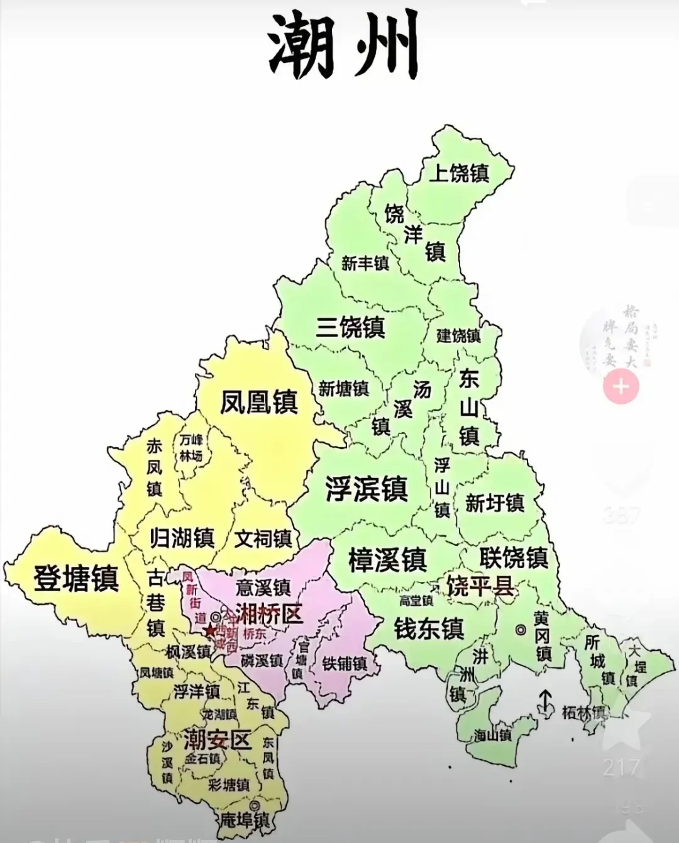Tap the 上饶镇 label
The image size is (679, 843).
pyautogui.click(x=459, y=172)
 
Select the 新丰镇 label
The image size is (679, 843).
pyautogui.click(x=365, y=263)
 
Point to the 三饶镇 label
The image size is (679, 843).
pyautogui.click(x=350, y=327)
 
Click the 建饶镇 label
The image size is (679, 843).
pyautogui.click(x=458, y=336)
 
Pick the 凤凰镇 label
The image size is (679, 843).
pyautogui.click(x=258, y=402)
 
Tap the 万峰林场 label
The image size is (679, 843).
pyautogui.click(x=190, y=448)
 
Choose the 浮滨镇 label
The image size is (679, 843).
pyautogui.click(x=367, y=489)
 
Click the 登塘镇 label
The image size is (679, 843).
pyautogui.click(x=76, y=578)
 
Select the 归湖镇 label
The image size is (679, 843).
pyautogui.click(x=182, y=538)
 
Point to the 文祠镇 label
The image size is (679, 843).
pyautogui.click(x=263, y=539)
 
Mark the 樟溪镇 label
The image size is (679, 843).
pyautogui.click(x=387, y=559)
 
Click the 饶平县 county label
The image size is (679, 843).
pyautogui.click(x=479, y=586)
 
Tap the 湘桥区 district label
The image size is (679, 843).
pyautogui.click(x=269, y=613)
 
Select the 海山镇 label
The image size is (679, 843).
pyautogui.click(x=493, y=735)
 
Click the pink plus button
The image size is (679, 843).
pyautogui.click(x=621, y=386)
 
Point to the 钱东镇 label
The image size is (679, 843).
pyautogui.click(x=429, y=628)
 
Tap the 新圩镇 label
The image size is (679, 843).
pyautogui.click(x=495, y=503)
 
